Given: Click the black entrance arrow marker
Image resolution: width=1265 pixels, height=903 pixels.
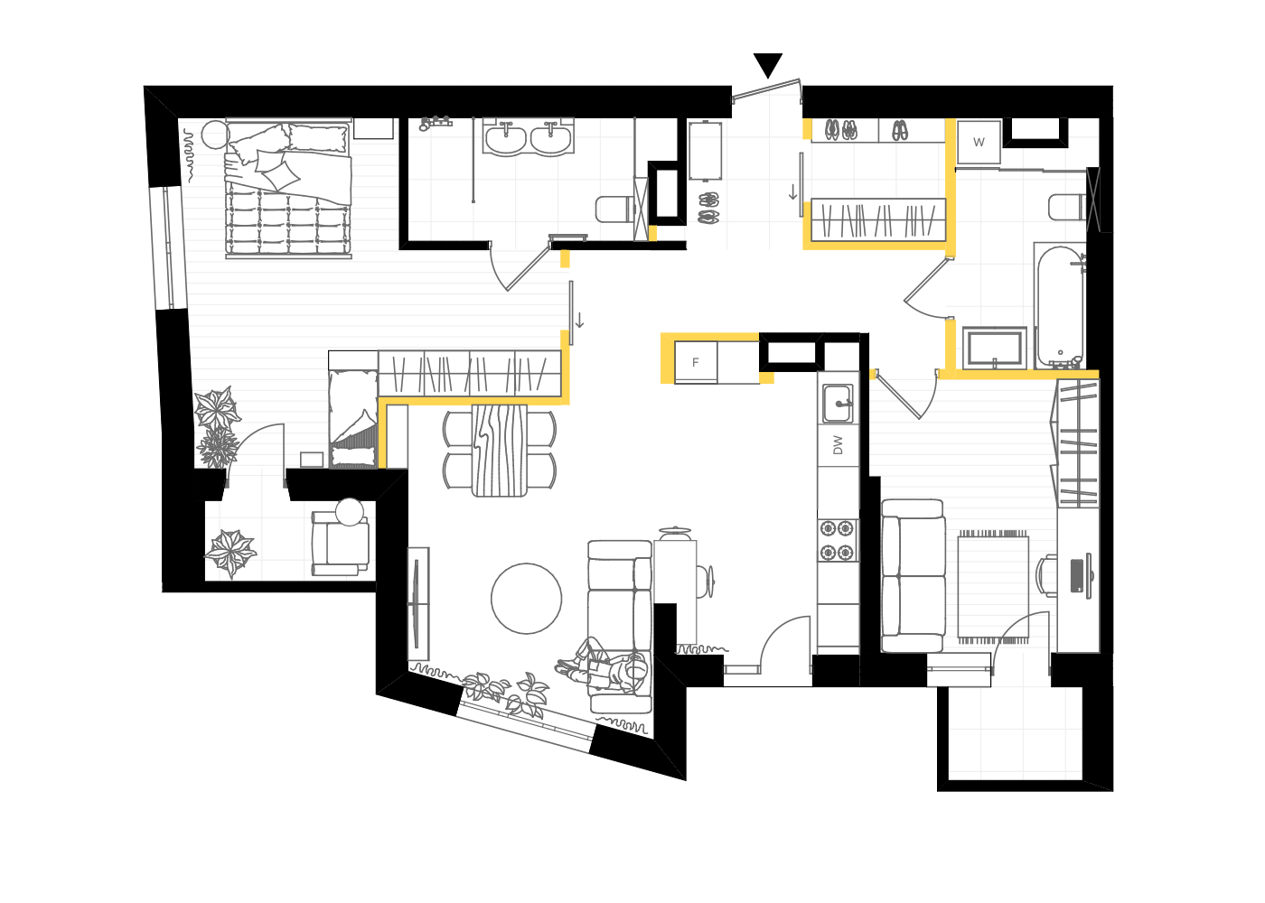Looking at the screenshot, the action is pyautogui.click(x=768, y=64).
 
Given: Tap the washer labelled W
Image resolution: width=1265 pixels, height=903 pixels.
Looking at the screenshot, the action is pyautogui.click(x=979, y=142).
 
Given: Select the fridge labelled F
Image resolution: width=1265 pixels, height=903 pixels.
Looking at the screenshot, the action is pyautogui.click(x=696, y=362).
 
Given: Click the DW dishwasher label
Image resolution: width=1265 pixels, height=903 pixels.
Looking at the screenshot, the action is pyautogui.click(x=839, y=444).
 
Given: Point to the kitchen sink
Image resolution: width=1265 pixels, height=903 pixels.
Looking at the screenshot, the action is pyautogui.click(x=838, y=403).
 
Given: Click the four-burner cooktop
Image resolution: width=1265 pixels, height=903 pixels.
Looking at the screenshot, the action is pyautogui.click(x=837, y=540).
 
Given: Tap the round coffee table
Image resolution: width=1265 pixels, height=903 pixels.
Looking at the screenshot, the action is pyautogui.click(x=526, y=598).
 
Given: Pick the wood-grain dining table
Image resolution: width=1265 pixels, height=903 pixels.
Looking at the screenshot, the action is pyautogui.click(x=499, y=451).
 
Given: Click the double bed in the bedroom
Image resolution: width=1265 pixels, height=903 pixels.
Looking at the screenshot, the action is pyautogui.click(x=288, y=189).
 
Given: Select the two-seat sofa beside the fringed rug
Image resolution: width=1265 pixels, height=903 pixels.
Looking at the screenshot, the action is pyautogui.click(x=913, y=576).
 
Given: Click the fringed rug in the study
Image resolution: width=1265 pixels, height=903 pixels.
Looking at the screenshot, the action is pyautogui.click(x=993, y=587).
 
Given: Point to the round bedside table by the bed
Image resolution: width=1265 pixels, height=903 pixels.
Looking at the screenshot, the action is pyautogui.click(x=215, y=135).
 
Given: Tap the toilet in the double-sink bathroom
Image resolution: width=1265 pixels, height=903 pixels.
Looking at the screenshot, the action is pyautogui.click(x=615, y=209).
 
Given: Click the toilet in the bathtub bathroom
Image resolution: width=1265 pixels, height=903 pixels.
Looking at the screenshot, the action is pyautogui.click(x=1066, y=207).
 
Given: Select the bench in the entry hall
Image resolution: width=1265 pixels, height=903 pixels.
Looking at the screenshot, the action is pyautogui.click(x=706, y=151).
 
